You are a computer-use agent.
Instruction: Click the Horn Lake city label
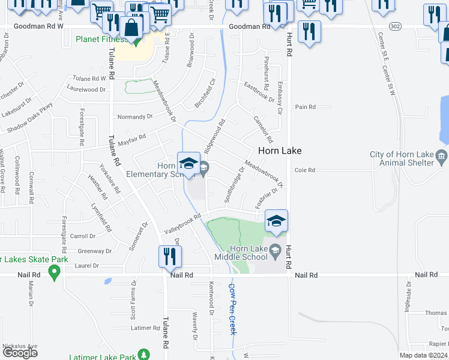click(x=279, y=151)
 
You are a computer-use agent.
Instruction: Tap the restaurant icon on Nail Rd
click(x=169, y=256)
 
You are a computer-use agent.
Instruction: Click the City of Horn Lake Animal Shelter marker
click(x=442, y=158)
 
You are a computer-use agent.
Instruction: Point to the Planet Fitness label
click(x=101, y=40)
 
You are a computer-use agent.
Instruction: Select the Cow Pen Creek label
click(x=232, y=308)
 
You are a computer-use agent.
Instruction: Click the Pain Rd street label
click(x=305, y=107)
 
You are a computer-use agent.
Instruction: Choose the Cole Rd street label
click(x=304, y=170)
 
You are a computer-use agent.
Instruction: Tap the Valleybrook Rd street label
click(x=182, y=225)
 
